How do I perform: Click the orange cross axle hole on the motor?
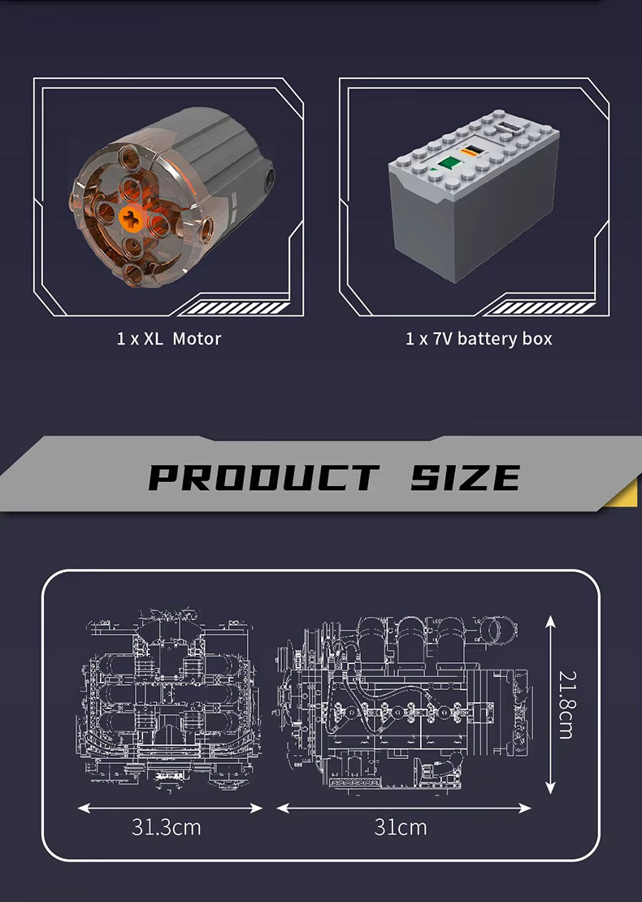pyautogui.click(x=131, y=218)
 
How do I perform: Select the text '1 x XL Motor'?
pyautogui.click(x=168, y=338)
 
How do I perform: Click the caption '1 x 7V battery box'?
pyautogui.click(x=479, y=339)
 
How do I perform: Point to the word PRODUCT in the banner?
pyautogui.click(x=264, y=478)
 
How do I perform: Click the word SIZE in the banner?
pyautogui.click(x=466, y=478)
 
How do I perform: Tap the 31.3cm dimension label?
pyautogui.click(x=167, y=827)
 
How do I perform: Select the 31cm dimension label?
pyautogui.click(x=401, y=827)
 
